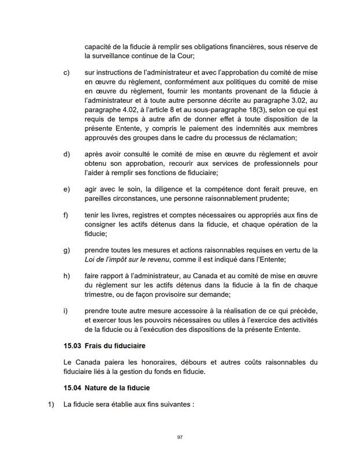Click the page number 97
(x=180, y=437)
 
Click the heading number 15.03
(x=73, y=346)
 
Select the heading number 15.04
(x=73, y=387)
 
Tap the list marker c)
(x=66, y=73)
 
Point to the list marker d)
(x=66, y=154)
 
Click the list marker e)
(x=66, y=189)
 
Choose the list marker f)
(x=66, y=215)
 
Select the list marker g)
(x=66, y=250)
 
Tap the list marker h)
(x=66, y=275)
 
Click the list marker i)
(x=65, y=310)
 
